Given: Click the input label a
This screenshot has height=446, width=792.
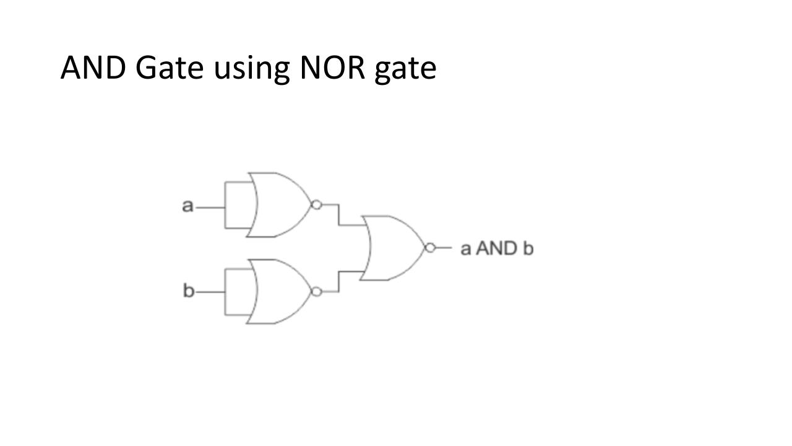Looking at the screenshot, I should tap(187, 206).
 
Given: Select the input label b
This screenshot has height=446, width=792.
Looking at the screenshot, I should tap(188, 291).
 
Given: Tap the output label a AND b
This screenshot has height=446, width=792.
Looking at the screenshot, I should tap(497, 248).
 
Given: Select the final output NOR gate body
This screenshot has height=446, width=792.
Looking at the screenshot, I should tap(393, 248).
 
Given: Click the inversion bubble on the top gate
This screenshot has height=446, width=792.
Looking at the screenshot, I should tap(317, 205).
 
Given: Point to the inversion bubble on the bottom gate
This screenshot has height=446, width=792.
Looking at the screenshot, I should tap(317, 292).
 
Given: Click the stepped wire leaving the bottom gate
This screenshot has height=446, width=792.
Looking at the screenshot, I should tap(338, 282).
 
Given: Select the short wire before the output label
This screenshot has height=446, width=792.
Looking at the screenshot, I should tap(444, 248).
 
